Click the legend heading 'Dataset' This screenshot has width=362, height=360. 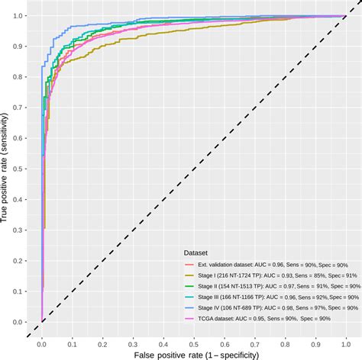[x=199, y=252]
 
